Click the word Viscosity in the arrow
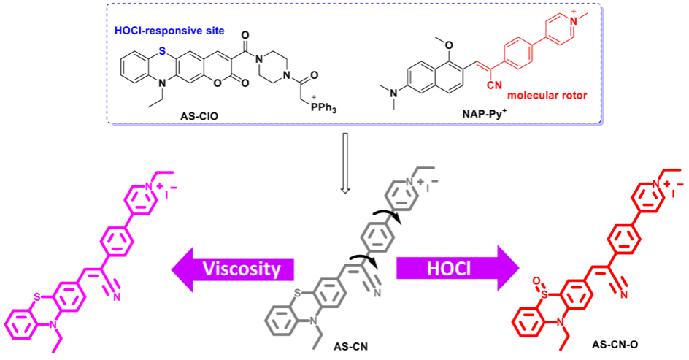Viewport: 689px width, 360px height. coord(242,268)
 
